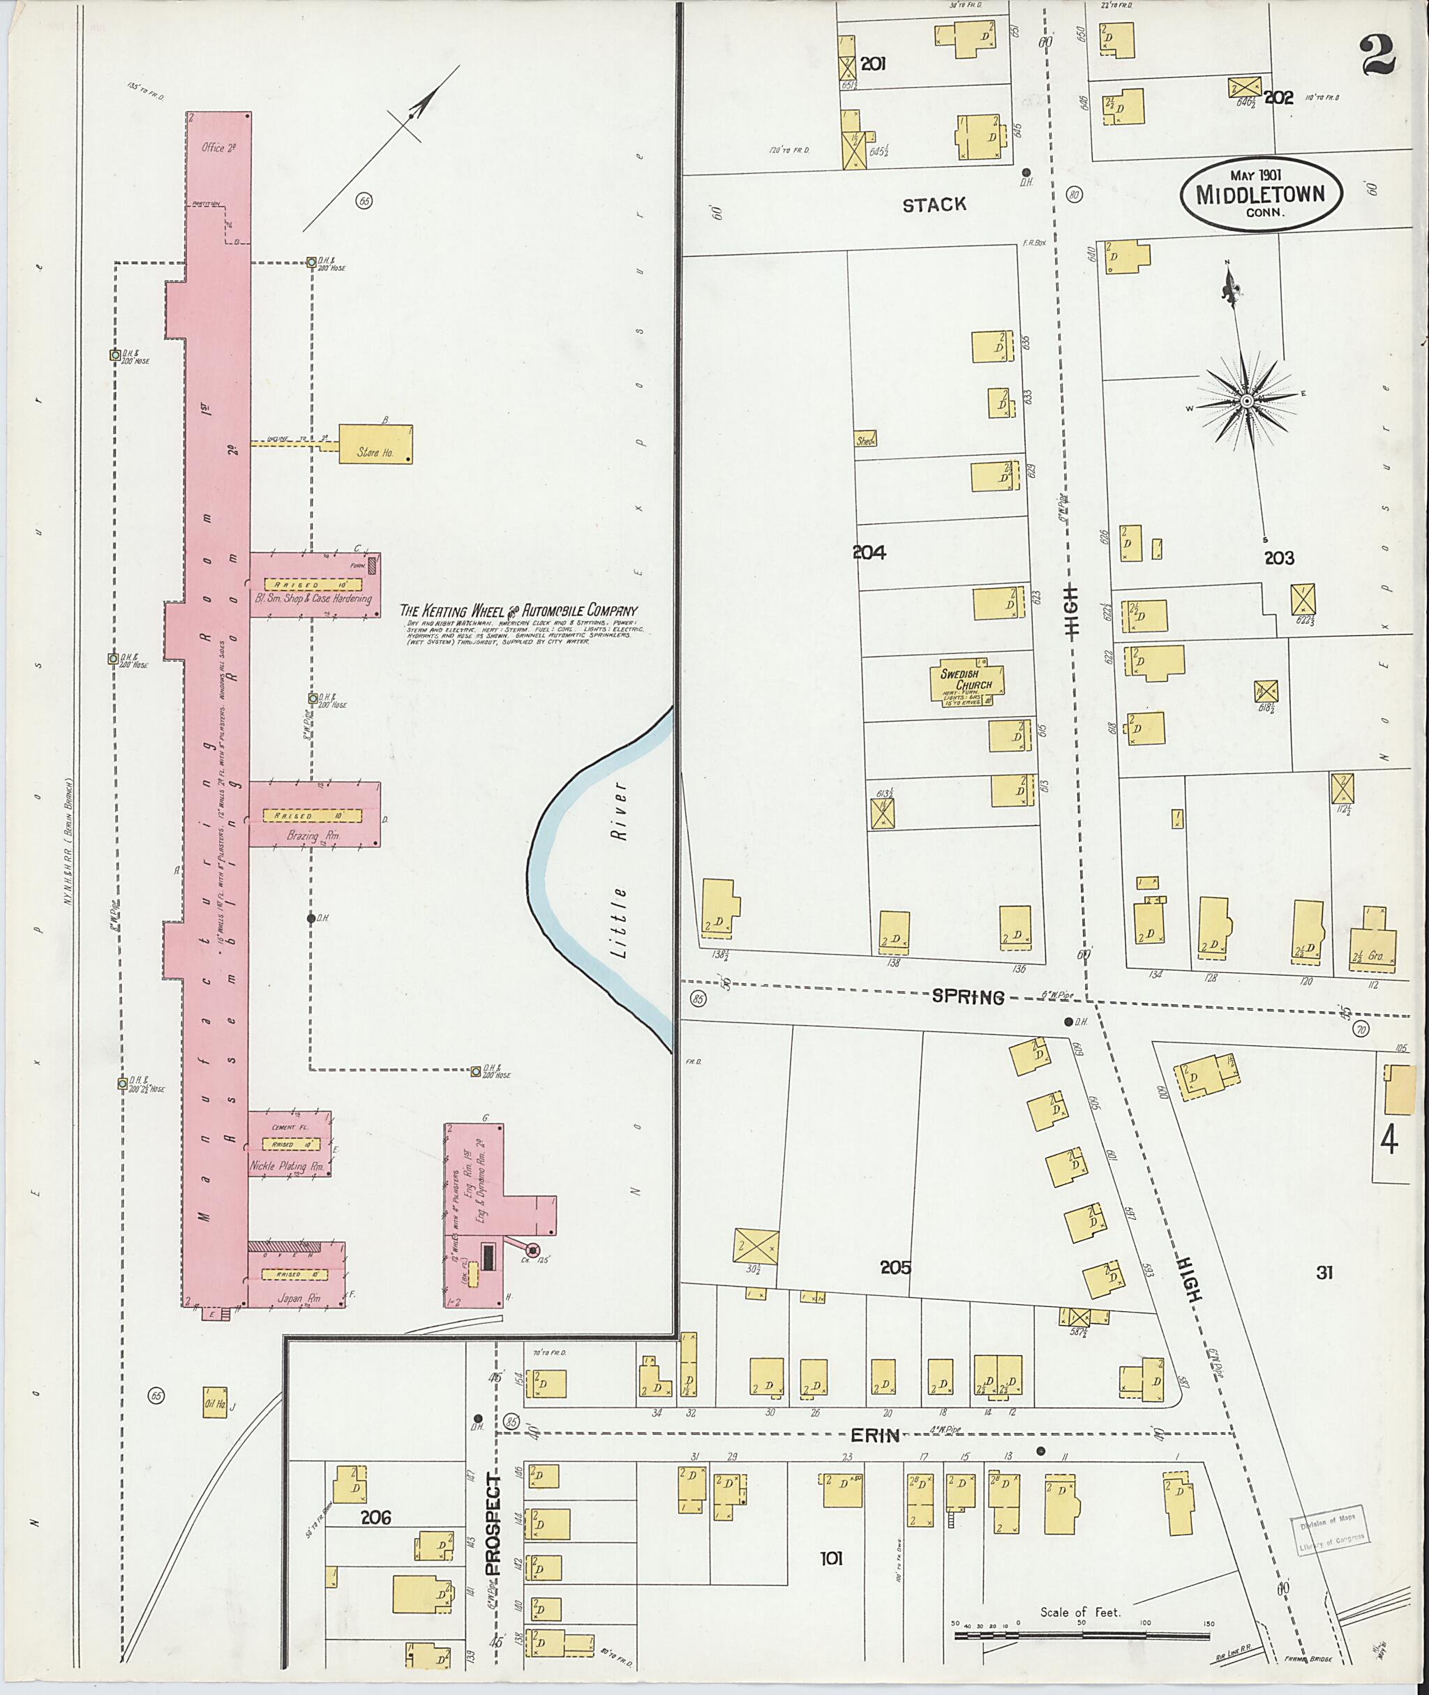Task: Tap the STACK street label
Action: click(x=934, y=205)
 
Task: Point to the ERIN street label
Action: click(x=875, y=1458)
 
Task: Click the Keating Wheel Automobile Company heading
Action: click(x=519, y=611)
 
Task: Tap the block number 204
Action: click(x=869, y=553)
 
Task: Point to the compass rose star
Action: click(x=1247, y=401)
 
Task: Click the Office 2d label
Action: click(x=218, y=148)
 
